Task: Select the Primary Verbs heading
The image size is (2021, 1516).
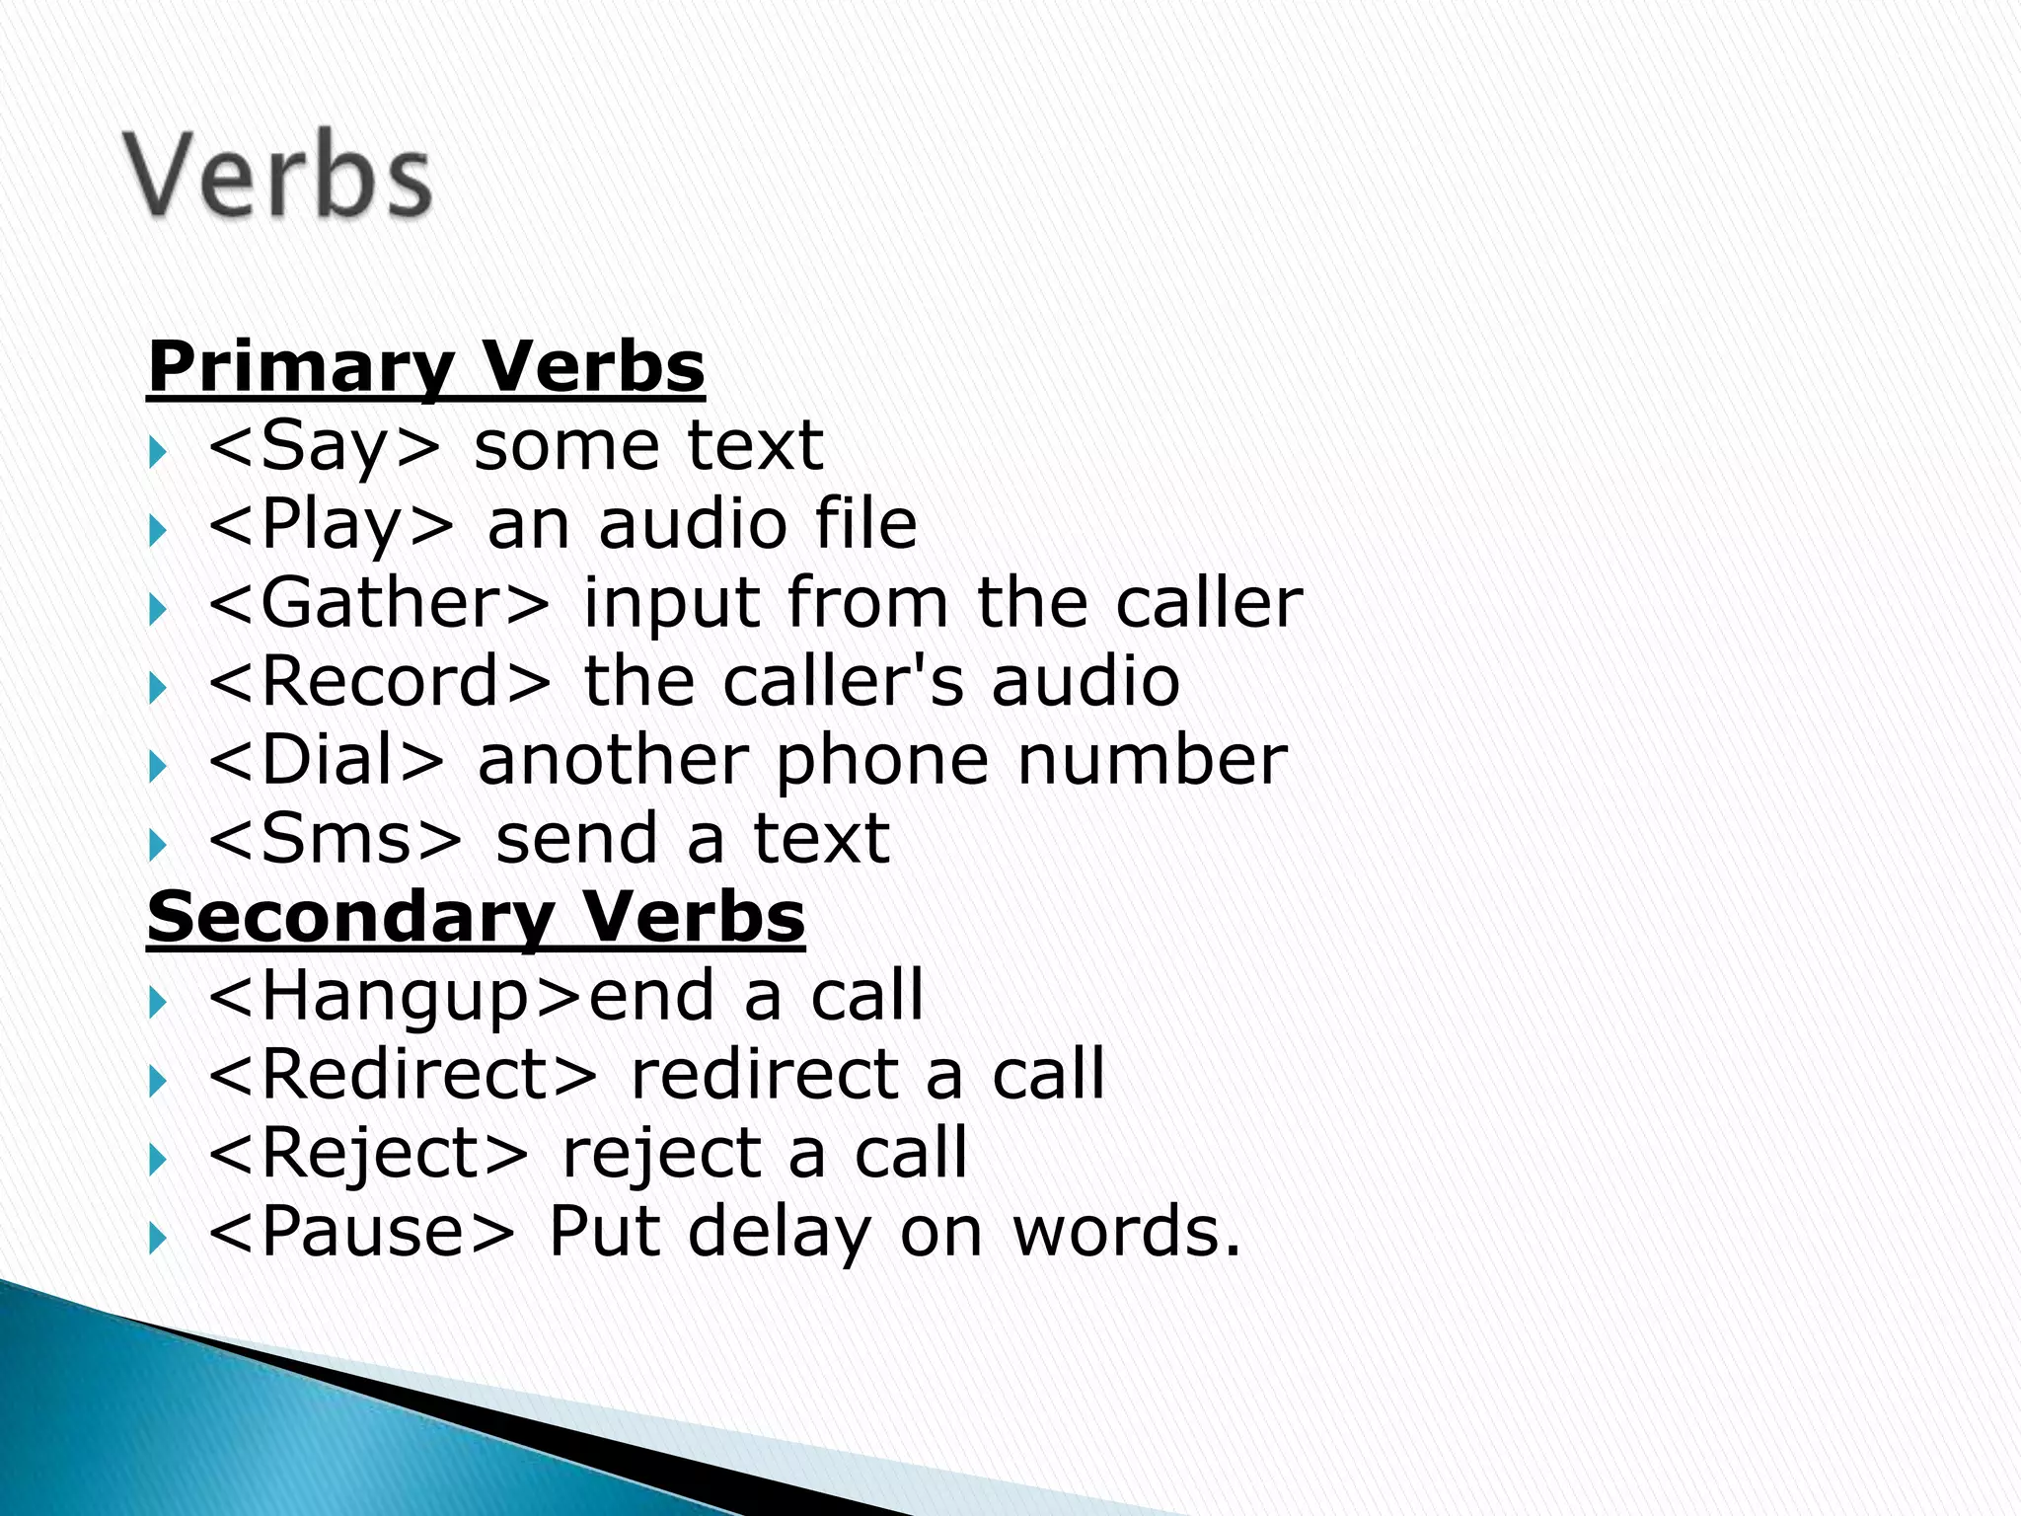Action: tap(425, 366)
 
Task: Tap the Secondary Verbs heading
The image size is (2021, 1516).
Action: tap(476, 917)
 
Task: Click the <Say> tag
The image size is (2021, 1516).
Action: tap(325, 446)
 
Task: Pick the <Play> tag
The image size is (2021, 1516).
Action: tap(332, 524)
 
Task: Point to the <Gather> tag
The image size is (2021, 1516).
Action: tap(379, 602)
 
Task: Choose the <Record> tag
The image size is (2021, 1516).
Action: tap(379, 681)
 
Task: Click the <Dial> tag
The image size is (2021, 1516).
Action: tap(327, 760)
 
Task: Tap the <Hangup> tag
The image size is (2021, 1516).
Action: tap(397, 996)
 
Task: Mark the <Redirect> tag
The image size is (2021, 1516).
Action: tap(403, 1074)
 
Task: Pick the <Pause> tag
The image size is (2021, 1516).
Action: tap(362, 1232)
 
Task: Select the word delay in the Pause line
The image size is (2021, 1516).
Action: tap(779, 1232)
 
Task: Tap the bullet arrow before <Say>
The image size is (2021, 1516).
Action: tap(157, 453)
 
